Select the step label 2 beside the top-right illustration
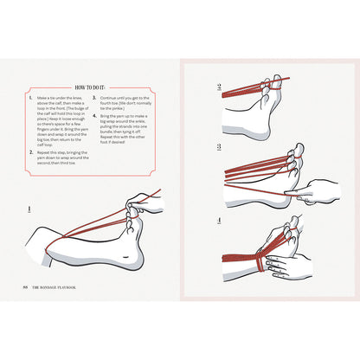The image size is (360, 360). pos(221,87)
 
